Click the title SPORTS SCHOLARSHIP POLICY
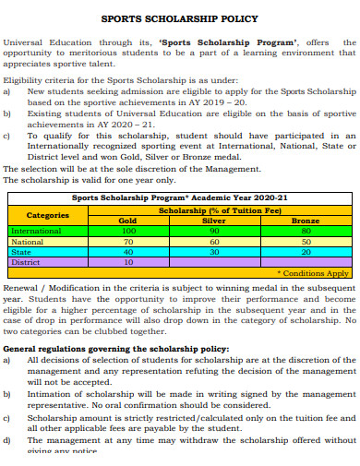click(x=179, y=18)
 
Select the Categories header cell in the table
click(x=48, y=215)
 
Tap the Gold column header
click(x=128, y=221)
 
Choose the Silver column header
click(x=213, y=221)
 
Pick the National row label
click(x=27, y=241)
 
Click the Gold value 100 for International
click(x=128, y=231)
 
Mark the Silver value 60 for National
click(x=213, y=241)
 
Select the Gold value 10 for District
click(x=128, y=261)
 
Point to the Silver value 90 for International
click(x=213, y=231)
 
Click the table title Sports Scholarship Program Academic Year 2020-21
click(x=180, y=197)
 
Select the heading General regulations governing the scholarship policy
click(x=115, y=349)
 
